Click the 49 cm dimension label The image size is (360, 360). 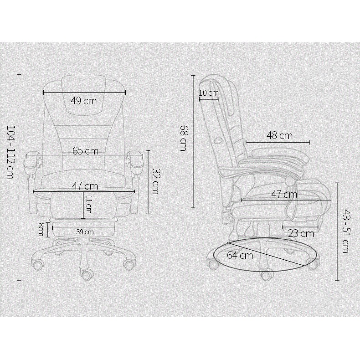pos(83,101)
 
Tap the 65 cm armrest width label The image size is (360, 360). pos(85,151)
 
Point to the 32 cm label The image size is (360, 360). pos(156,182)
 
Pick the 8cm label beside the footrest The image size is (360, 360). pos(41,229)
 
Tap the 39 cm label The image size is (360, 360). pos(85,232)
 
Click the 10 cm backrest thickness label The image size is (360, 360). pos(209,93)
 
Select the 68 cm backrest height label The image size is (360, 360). pos(183,138)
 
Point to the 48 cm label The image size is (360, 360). pos(279,135)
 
